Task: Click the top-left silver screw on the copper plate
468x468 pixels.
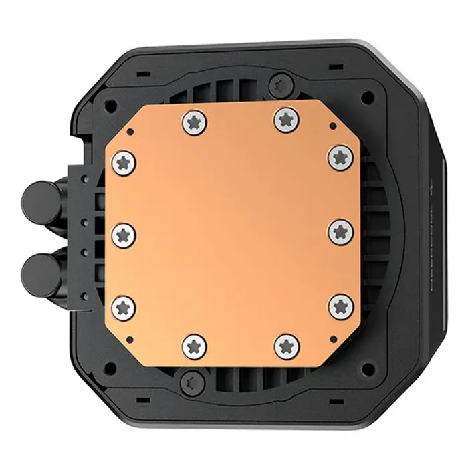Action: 193,120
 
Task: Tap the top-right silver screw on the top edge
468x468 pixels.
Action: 285,120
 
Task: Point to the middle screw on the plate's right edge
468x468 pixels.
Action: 339,232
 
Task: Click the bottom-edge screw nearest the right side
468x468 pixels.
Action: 285,345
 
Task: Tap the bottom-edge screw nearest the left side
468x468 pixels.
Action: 193,345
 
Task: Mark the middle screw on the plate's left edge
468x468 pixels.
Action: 124,233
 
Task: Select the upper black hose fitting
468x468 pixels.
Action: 38,199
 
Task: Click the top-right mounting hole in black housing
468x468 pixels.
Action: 366,98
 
